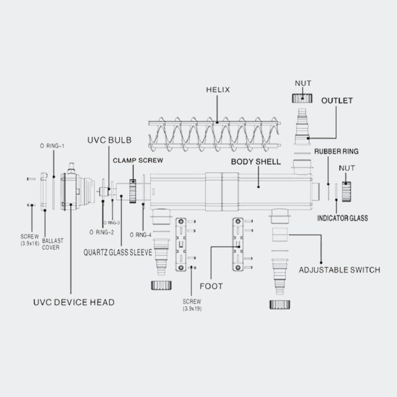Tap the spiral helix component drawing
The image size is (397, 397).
tap(216, 133)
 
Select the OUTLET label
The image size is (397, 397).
tap(337, 100)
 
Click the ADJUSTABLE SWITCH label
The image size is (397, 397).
tap(339, 269)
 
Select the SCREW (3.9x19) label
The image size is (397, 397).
tap(193, 305)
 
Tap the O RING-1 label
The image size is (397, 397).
tap(52, 146)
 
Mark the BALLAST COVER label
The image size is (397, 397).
tap(51, 244)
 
